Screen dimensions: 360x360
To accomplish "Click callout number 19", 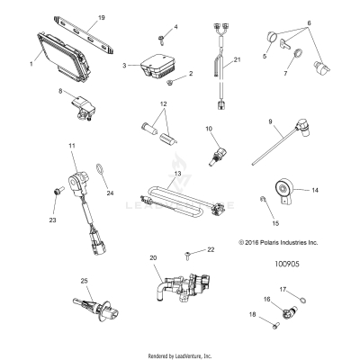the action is coord(102,18).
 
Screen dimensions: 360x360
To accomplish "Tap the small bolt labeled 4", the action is coord(161,40).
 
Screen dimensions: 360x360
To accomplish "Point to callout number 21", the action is coord(238,59).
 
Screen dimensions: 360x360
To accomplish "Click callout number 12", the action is coord(164,104).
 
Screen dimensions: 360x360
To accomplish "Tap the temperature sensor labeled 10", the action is coord(218,156).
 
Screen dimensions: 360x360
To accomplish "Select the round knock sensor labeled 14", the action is coord(283,191).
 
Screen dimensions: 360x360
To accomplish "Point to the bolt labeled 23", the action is coord(58,191).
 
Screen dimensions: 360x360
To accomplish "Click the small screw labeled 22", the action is coord(186,256).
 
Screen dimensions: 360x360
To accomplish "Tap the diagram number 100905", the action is coord(287,264).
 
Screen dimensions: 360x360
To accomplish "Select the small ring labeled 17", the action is coord(302,300).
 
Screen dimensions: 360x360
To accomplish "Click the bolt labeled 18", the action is coord(275,326).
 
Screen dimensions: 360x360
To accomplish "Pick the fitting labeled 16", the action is coord(289,312).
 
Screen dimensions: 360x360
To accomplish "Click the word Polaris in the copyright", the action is coord(272,242).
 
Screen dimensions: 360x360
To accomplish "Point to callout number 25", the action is coord(85,281).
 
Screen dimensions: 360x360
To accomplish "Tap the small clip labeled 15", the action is coord(262,198).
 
